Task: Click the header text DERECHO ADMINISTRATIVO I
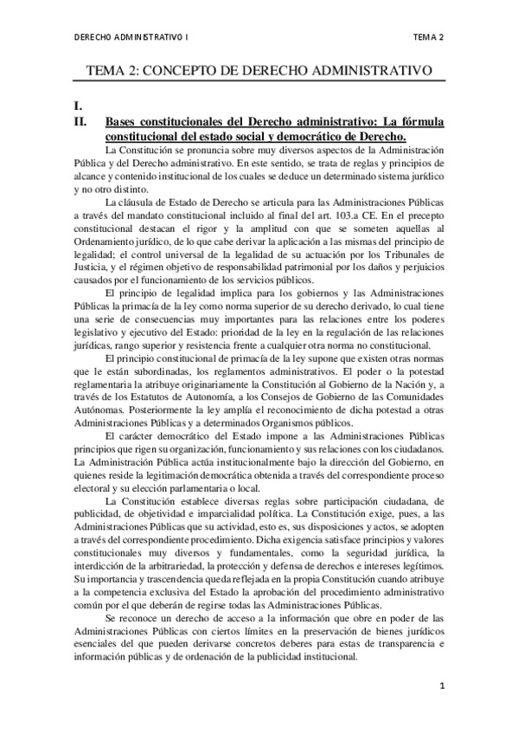pos(131,37)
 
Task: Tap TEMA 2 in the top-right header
pos(428,37)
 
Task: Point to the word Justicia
pos(94,269)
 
